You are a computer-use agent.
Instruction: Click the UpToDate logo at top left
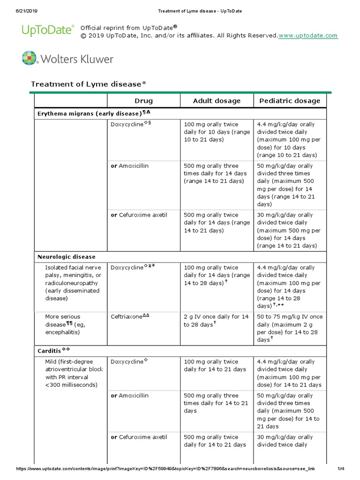(x=48, y=30)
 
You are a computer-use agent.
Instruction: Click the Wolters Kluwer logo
(x=67, y=59)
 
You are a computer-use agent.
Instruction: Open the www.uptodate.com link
(x=308, y=36)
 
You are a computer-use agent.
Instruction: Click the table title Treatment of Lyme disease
(x=89, y=84)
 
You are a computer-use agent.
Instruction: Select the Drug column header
(x=143, y=101)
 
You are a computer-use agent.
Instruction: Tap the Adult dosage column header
(x=217, y=101)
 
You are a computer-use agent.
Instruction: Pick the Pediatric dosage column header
(x=289, y=101)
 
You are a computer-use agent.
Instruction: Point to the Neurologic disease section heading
(x=66, y=257)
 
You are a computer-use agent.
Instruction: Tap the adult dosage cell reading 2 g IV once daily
(x=216, y=321)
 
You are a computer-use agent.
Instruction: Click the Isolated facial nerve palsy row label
(x=73, y=283)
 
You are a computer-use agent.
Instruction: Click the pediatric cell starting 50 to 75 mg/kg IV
(x=289, y=328)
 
